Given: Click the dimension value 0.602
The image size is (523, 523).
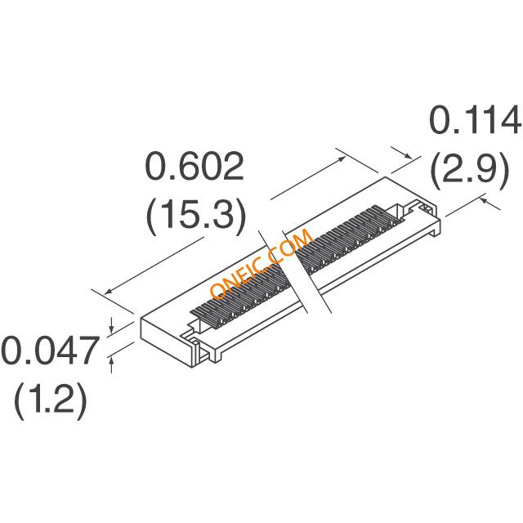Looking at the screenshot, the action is pos(194,167).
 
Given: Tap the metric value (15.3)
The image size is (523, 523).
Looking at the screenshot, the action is pos(196,216).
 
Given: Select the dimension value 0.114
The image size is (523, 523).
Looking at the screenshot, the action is pos(476,120).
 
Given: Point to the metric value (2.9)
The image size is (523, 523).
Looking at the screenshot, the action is pos(470,170).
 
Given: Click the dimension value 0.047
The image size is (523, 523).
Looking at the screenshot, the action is pos(51,351).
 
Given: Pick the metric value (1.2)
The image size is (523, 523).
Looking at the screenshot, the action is pos(51,400).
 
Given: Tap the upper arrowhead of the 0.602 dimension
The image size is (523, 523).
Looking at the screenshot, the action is pos(342,159).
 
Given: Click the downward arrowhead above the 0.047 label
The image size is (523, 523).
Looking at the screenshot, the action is pos(112,329).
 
